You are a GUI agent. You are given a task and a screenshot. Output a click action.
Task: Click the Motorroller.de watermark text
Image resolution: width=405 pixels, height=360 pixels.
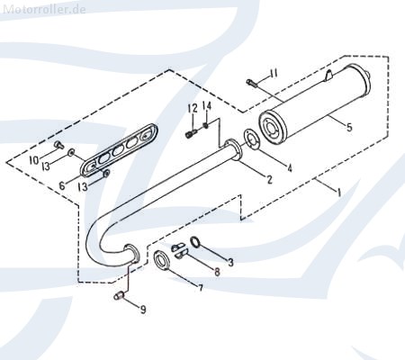[x=44, y=9]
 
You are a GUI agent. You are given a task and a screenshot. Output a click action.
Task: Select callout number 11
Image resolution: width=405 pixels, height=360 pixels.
[x=273, y=73]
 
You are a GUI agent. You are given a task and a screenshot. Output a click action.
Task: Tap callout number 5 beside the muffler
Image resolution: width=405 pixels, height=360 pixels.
[x=349, y=127]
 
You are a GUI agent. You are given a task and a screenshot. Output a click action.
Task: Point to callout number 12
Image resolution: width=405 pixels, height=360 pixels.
[x=193, y=108]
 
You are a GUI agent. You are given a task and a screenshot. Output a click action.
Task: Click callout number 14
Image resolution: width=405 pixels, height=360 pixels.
[x=207, y=106]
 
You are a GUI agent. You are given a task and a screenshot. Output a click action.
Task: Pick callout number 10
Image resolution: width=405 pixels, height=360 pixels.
[x=34, y=160]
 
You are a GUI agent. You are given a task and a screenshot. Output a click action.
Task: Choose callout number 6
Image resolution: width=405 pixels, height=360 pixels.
[x=62, y=185]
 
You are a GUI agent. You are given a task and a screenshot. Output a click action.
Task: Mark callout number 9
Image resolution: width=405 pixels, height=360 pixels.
[x=143, y=310]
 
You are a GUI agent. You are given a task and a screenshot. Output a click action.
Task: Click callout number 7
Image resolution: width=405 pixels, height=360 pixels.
[x=200, y=288]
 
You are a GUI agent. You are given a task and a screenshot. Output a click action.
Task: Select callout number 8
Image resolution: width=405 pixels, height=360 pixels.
[x=217, y=272]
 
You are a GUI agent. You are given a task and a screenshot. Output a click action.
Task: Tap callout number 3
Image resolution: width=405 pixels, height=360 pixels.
[x=230, y=263]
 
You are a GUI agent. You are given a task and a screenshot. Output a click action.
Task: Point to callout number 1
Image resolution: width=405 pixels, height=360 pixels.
[x=339, y=192]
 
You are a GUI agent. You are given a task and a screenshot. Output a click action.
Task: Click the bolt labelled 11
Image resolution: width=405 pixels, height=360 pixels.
[x=252, y=83]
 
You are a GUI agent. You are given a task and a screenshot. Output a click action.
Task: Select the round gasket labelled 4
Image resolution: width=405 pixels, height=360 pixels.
[x=252, y=139]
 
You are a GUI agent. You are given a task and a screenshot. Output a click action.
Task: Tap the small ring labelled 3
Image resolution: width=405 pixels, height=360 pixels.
[x=195, y=242]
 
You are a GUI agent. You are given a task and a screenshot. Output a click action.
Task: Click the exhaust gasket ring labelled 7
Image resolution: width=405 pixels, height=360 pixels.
[x=162, y=260]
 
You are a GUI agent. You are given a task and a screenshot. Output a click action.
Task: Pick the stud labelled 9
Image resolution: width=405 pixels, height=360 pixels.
[x=119, y=296]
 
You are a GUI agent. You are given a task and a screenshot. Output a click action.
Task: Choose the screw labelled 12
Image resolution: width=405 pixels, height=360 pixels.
[x=191, y=133]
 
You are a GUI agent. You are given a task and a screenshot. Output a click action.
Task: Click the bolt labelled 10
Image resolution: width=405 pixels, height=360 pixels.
[x=59, y=145]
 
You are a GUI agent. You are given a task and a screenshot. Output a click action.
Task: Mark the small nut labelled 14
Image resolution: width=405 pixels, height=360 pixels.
[x=206, y=125]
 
